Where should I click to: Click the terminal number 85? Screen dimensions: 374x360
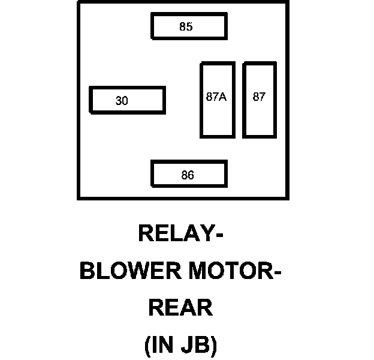pos(186,26)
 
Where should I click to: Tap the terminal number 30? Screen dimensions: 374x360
pos(122,101)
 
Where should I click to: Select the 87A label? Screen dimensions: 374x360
pos(216,97)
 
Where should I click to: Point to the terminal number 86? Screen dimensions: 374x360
pos(188,175)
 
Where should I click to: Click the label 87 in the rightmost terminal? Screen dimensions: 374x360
pos(259,97)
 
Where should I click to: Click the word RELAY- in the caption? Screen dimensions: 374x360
pos(181,233)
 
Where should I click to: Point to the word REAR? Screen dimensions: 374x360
pos(180,307)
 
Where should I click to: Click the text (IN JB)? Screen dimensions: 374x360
pos(181,345)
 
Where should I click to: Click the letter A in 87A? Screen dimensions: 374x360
pos(222,97)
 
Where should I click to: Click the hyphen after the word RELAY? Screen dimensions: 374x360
pos(219,235)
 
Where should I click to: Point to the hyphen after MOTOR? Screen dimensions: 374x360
pos(278,272)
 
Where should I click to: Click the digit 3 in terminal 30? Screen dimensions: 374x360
pos(119,101)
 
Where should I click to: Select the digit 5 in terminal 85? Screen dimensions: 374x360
pos(189,26)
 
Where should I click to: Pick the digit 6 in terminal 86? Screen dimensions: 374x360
pos(191,175)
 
